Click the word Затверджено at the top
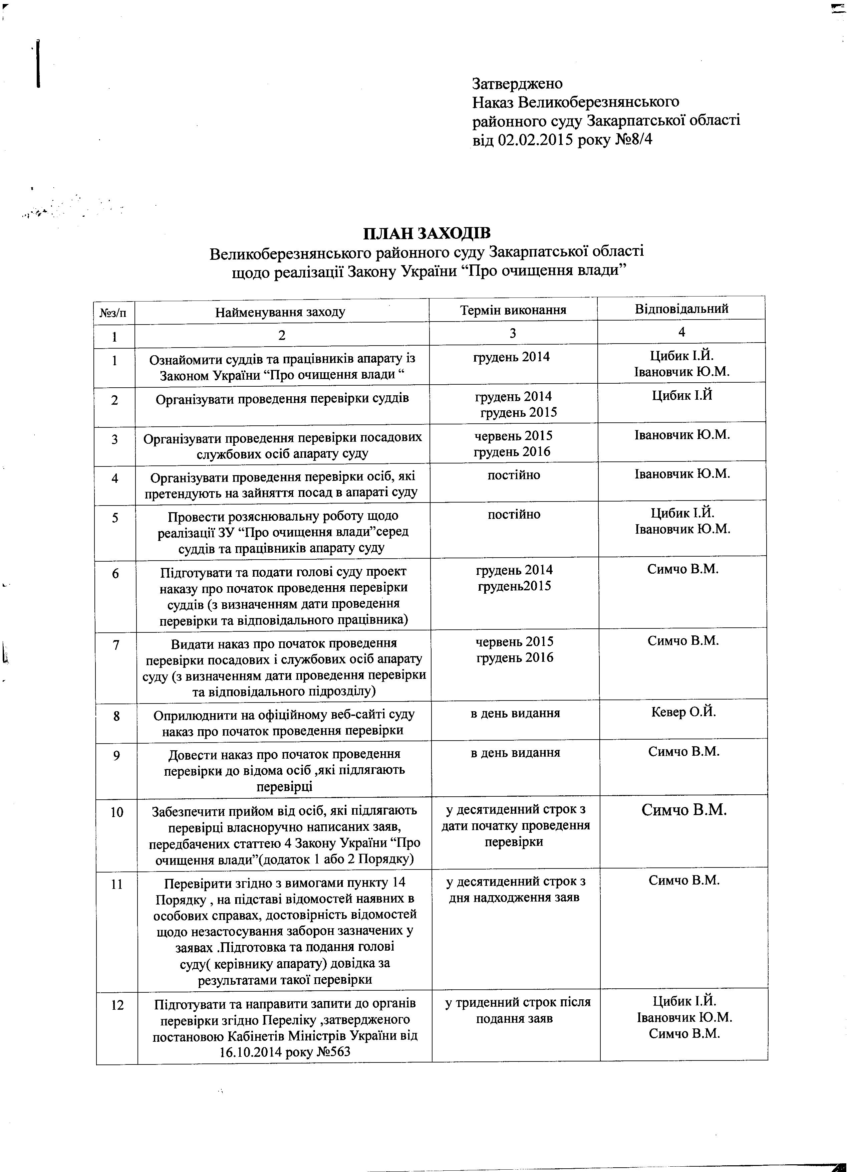coord(517,84)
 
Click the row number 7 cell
coord(116,645)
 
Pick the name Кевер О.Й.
coord(684,713)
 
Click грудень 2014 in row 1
coord(511,357)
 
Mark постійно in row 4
coord(514,475)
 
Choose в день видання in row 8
coord(515,714)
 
